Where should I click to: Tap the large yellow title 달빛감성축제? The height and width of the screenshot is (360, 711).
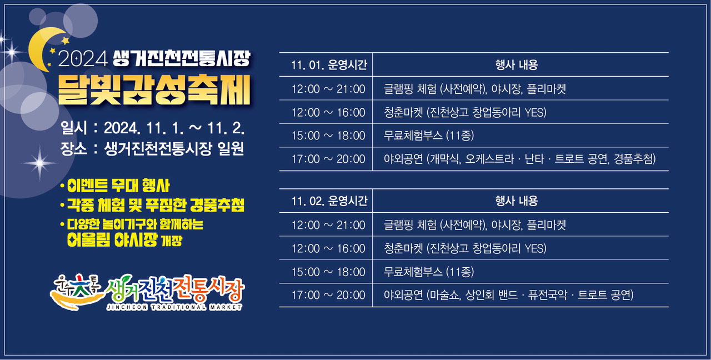[x=154, y=90]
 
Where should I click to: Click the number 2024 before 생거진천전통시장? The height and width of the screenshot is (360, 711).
[x=83, y=59]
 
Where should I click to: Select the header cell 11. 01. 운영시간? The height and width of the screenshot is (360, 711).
[x=329, y=65]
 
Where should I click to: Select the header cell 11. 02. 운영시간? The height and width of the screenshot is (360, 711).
[x=329, y=201]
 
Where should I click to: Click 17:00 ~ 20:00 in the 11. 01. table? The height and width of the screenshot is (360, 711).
[x=328, y=159]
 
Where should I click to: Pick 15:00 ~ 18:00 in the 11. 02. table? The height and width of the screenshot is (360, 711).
[x=328, y=272]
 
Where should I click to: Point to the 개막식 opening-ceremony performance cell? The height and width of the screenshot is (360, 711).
[x=519, y=159]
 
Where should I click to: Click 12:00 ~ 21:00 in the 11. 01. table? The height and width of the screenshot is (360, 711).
[x=328, y=89]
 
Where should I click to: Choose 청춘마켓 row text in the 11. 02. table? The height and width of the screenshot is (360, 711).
[x=465, y=248]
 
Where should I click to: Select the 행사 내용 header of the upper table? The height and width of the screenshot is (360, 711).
[x=517, y=65]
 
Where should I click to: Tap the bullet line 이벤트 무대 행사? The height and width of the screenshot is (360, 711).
[x=115, y=186]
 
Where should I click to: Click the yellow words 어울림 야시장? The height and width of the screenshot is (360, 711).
[x=112, y=241]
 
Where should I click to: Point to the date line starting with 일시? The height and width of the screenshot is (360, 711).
[x=152, y=128]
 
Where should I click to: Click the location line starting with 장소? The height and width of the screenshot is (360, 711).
[x=152, y=148]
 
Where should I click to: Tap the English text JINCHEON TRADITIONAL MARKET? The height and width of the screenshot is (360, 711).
[x=174, y=307]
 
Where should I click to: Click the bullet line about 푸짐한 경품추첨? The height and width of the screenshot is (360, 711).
[x=152, y=206]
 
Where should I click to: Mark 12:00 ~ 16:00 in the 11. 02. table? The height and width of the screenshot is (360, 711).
[x=328, y=248]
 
